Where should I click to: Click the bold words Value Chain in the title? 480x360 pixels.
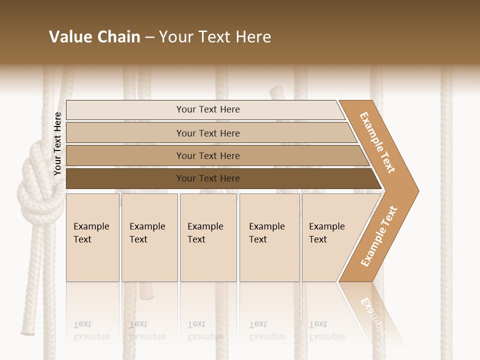(x=94, y=37)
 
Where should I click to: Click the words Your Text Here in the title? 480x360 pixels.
(x=215, y=37)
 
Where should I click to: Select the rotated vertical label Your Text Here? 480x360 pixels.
(x=57, y=144)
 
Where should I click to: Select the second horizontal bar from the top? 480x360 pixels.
(x=207, y=133)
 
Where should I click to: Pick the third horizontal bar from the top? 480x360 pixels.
(x=207, y=155)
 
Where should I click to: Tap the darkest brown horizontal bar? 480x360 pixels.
(x=207, y=178)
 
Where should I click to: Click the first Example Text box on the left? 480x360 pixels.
(x=92, y=237)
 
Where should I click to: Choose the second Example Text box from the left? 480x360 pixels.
(x=149, y=237)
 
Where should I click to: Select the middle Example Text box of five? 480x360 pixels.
(x=208, y=237)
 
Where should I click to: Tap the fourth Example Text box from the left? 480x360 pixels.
(x=269, y=237)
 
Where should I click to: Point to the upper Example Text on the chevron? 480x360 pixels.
(x=377, y=142)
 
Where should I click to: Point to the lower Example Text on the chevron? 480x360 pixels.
(x=379, y=236)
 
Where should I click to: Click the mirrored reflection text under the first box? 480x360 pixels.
(x=91, y=330)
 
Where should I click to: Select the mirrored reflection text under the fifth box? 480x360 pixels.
(x=326, y=330)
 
